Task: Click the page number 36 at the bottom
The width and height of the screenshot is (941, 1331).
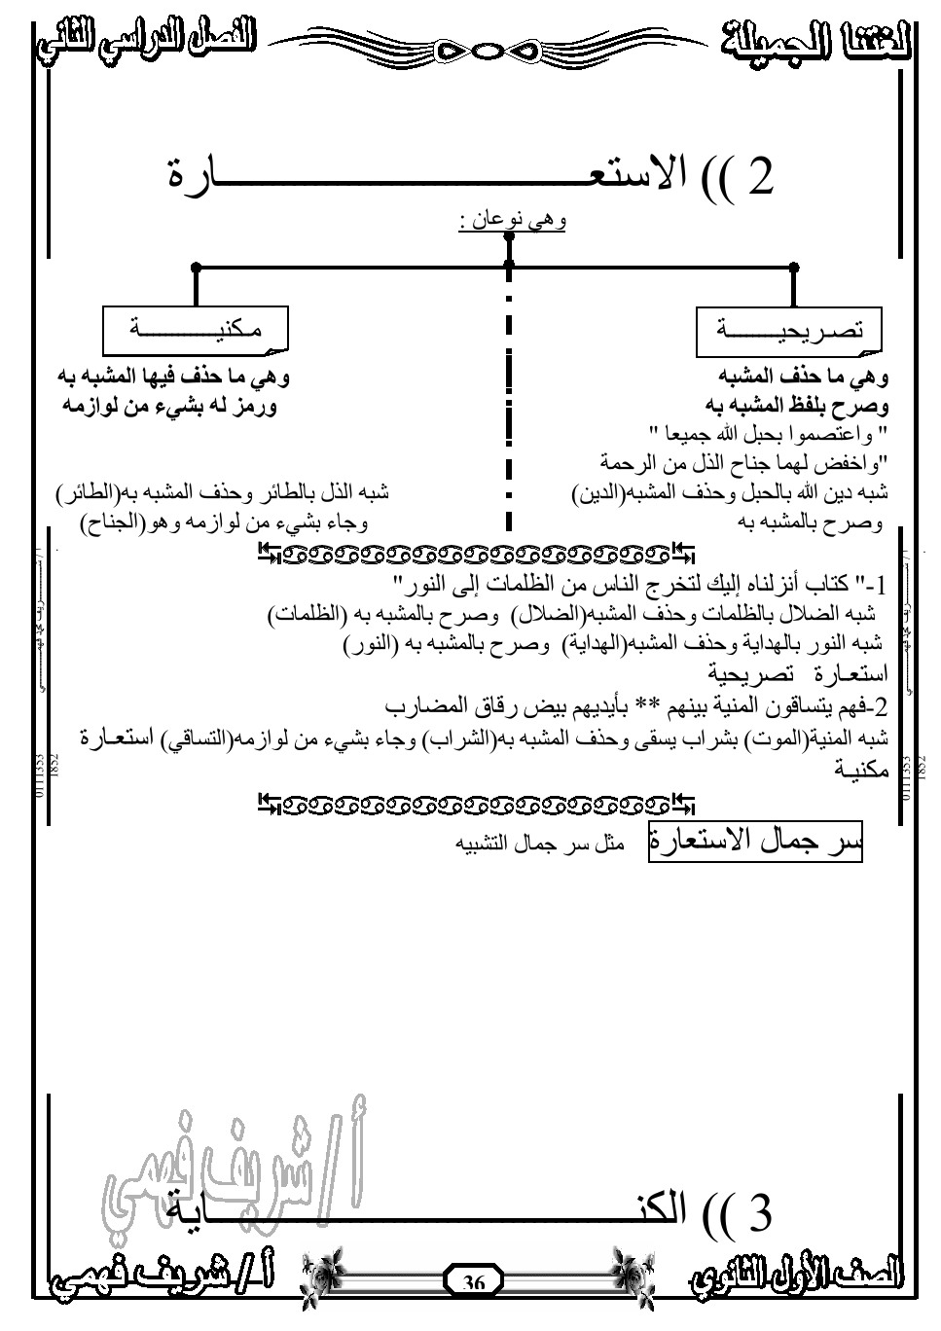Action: (474, 1281)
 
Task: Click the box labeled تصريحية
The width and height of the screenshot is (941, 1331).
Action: (789, 331)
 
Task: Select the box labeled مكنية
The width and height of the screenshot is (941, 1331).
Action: (197, 331)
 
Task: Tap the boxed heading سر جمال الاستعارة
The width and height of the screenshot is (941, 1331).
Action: (756, 843)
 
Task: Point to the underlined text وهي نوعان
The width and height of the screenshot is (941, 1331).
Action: (513, 221)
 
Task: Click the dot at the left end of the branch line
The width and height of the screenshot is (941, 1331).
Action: (197, 265)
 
